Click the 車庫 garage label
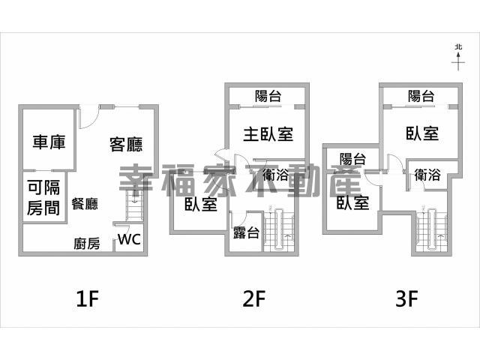(47, 142)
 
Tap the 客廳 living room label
(126, 143)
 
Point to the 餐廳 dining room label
(85, 202)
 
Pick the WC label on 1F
(129, 241)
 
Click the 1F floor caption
(88, 300)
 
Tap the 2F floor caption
(254, 300)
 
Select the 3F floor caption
(406, 300)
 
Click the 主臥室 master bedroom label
(268, 134)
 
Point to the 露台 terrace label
(245, 232)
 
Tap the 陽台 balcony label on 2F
(268, 95)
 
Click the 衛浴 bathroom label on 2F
(276, 176)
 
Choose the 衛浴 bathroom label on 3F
(427, 175)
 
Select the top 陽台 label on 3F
(421, 95)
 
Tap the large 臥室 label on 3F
(422, 133)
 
